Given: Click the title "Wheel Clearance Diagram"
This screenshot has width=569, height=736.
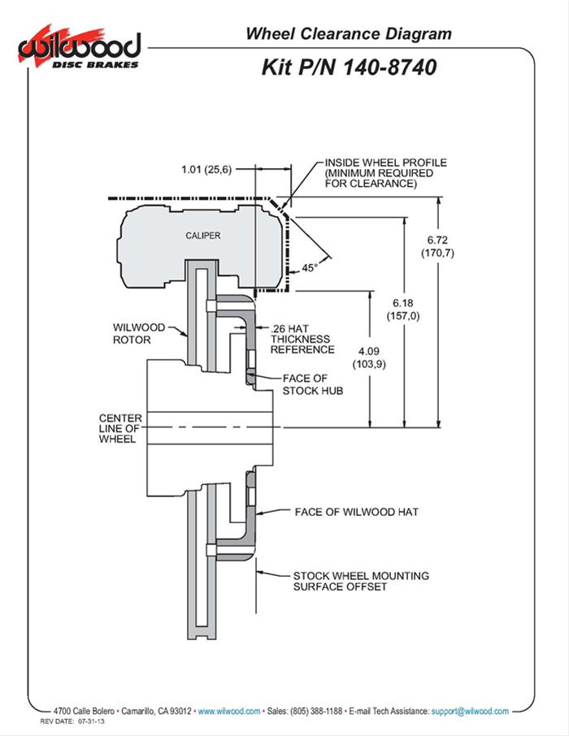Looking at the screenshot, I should tap(349, 33).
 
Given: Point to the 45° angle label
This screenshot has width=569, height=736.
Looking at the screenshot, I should tap(309, 266).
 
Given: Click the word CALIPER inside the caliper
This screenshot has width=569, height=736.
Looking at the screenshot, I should tap(203, 236).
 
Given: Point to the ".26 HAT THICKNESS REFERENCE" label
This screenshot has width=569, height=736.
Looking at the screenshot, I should tap(301, 339).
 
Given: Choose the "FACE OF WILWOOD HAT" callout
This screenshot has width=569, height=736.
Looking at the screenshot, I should tap(356, 513).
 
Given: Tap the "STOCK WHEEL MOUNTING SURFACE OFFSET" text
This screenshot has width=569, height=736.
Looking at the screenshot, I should tap(361, 581).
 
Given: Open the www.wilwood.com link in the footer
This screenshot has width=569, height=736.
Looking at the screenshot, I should tap(229, 711).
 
